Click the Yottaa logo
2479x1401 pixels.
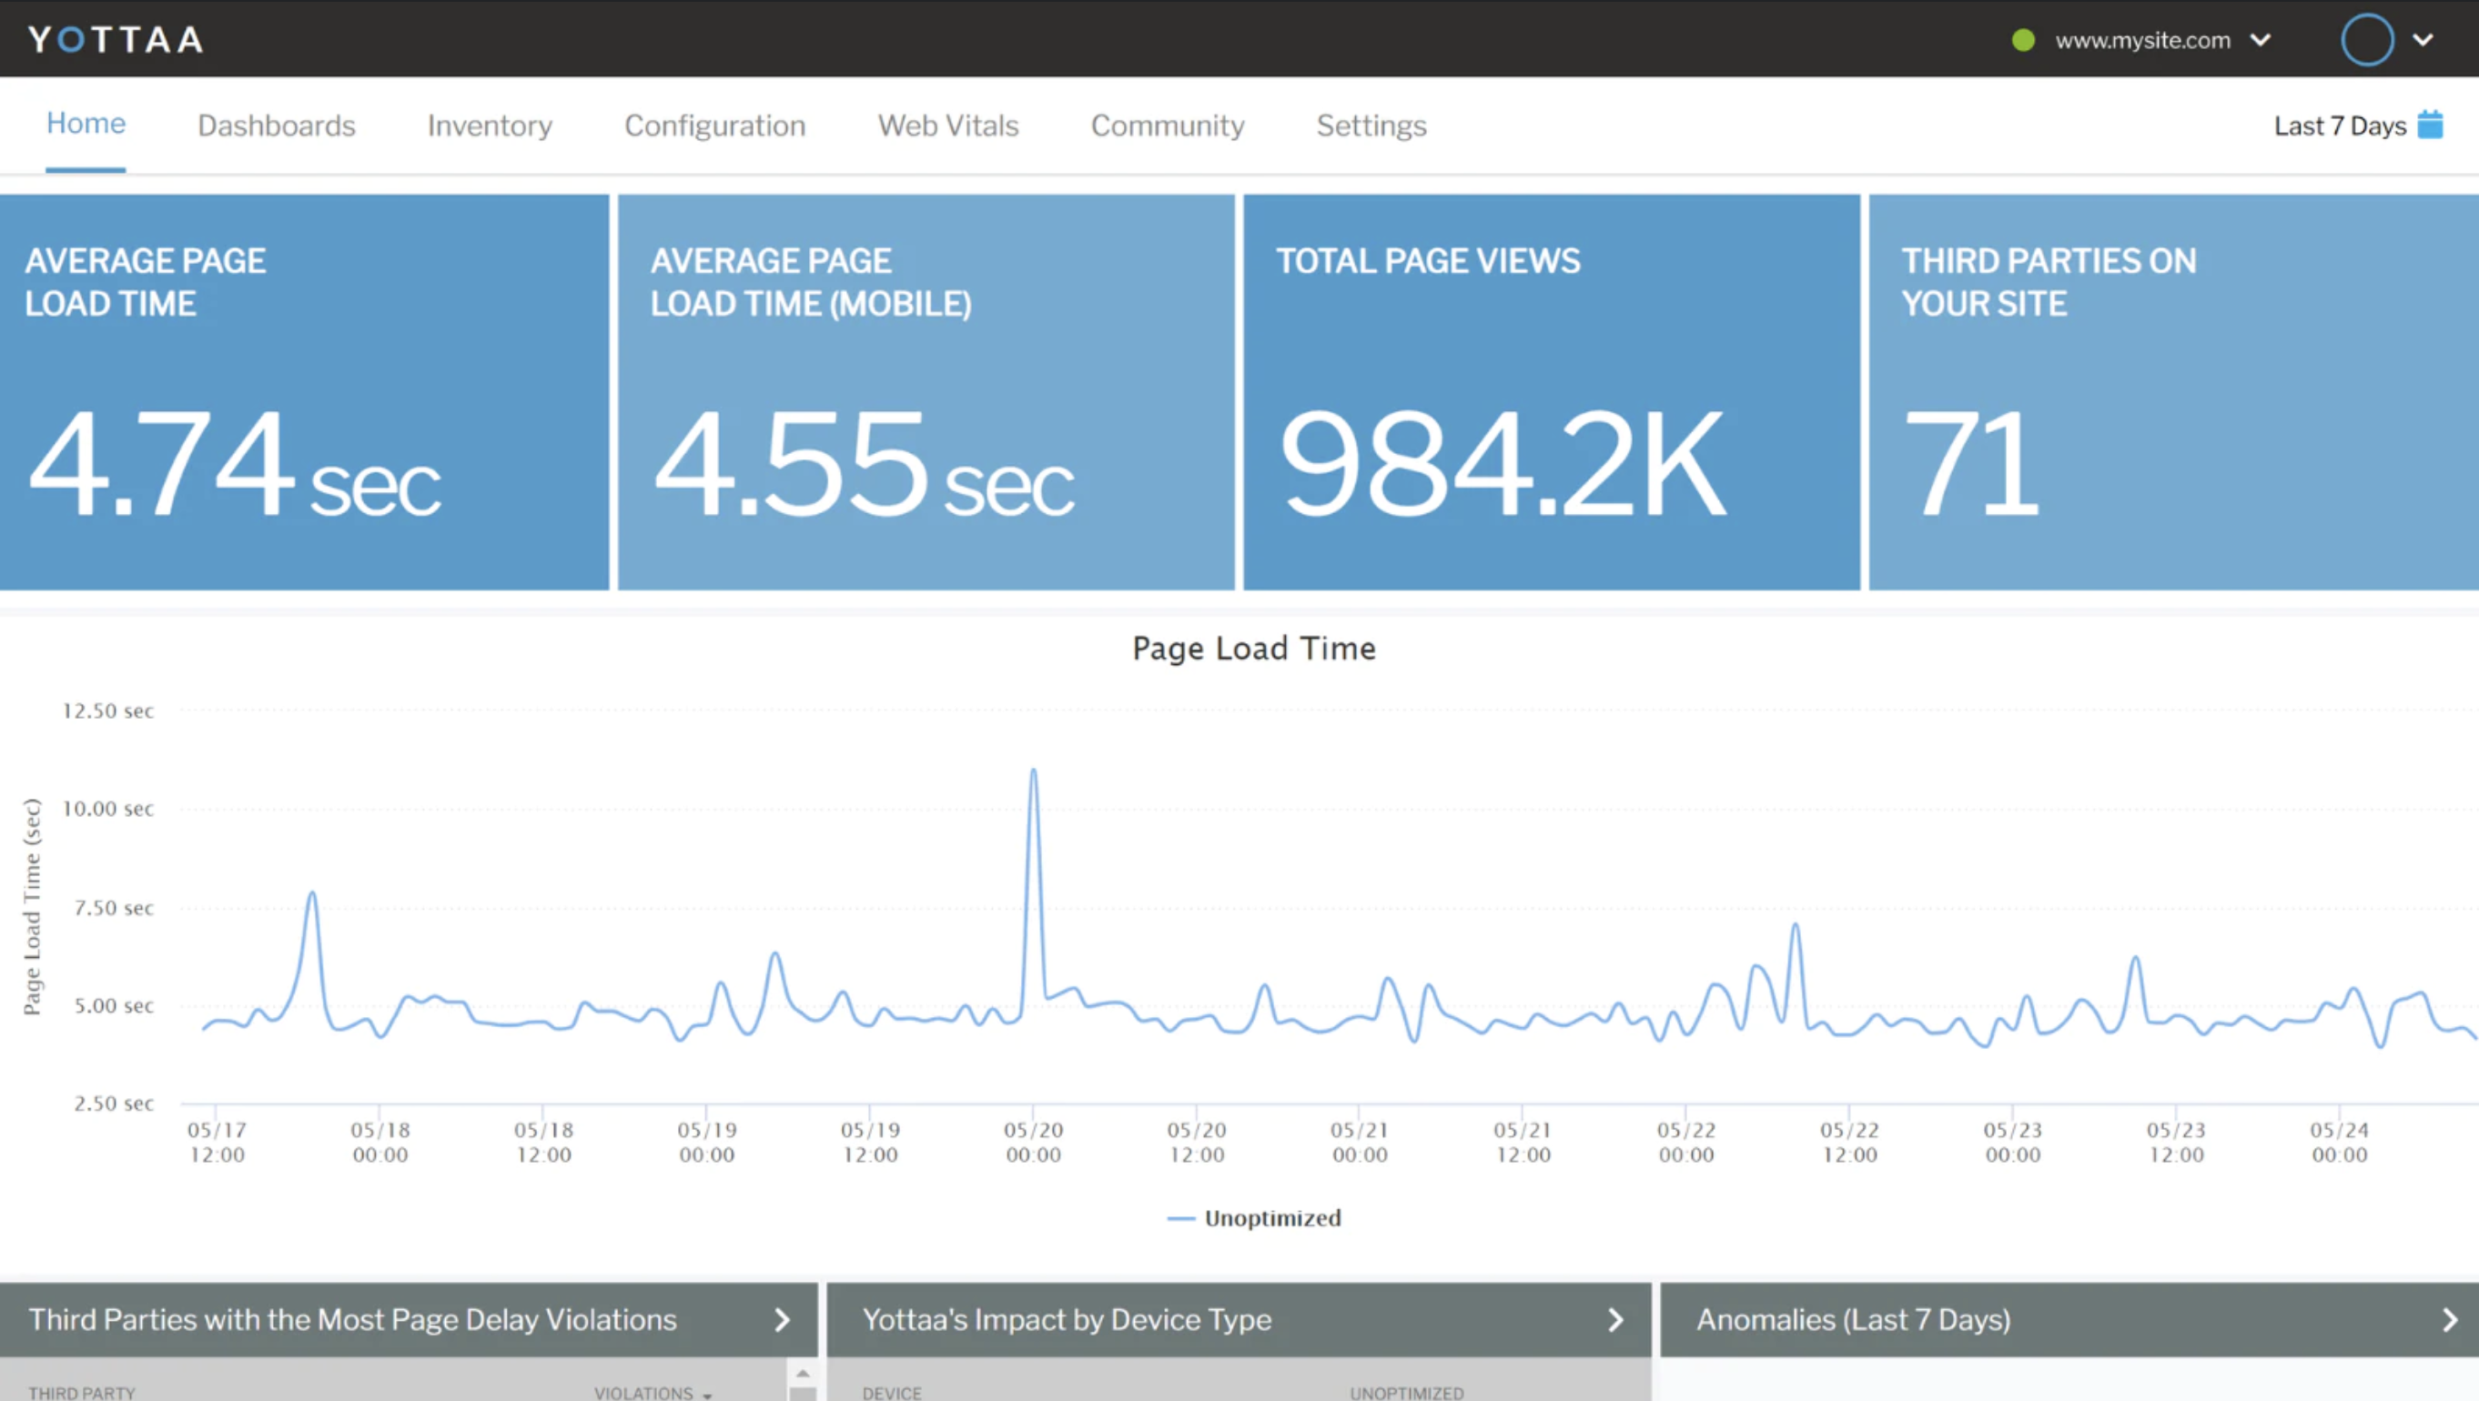[116, 39]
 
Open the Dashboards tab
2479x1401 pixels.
[276, 126]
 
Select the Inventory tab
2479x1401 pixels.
[490, 126]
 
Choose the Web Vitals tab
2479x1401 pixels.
[948, 126]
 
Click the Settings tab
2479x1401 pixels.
[1371, 126]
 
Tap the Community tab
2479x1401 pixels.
[1168, 126]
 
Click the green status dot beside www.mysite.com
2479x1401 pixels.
[2023, 40]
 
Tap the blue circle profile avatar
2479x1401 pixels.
[2366, 39]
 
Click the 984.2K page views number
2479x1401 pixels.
[1503, 464]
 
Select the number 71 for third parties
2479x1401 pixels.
[1970, 464]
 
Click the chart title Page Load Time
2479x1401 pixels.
[1254, 649]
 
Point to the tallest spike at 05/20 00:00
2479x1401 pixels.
[1034, 771]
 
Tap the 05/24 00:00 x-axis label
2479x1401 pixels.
[2340, 1142]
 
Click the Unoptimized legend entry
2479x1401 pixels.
[1271, 1218]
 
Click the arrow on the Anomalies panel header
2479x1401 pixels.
[2449, 1320]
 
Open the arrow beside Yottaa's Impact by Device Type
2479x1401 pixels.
[1615, 1320]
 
